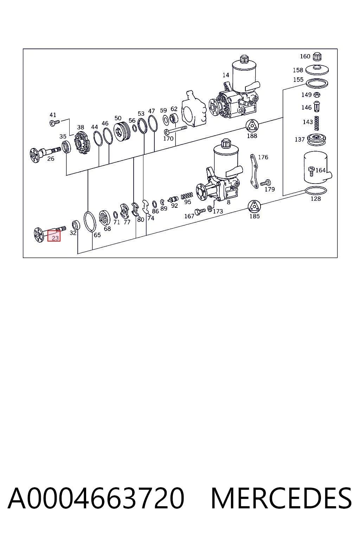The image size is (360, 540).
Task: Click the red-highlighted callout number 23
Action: pyautogui.click(x=55, y=238)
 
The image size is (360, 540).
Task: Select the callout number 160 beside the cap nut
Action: pyautogui.click(x=305, y=56)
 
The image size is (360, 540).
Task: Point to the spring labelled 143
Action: pyautogui.click(x=317, y=123)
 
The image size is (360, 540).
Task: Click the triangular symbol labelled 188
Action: pyautogui.click(x=252, y=126)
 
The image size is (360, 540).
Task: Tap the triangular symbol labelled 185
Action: pyautogui.click(x=255, y=207)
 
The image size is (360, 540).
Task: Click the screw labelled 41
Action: pyautogui.click(x=54, y=123)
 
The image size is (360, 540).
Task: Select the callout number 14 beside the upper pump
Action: pyautogui.click(x=226, y=75)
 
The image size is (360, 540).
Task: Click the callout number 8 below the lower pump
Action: pyautogui.click(x=229, y=202)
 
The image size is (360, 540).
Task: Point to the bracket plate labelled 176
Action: pyautogui.click(x=254, y=171)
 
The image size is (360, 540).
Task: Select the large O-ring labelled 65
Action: pyautogui.click(x=90, y=221)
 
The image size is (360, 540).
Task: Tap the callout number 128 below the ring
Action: pyautogui.click(x=316, y=199)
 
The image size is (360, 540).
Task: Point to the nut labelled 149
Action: pyautogui.click(x=317, y=95)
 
